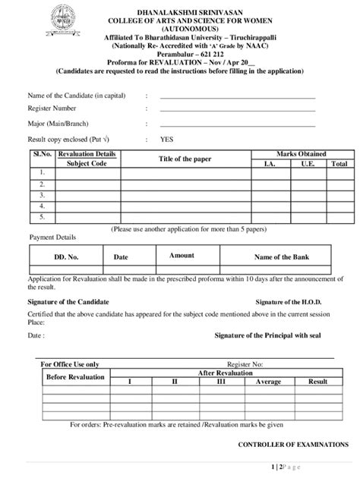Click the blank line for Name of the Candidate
coord(237,98)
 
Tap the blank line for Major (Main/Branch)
coord(237,125)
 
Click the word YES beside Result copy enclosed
coord(166,140)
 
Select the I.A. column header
coord(270,163)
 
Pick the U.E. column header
coord(308,163)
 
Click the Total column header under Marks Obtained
coord(339,163)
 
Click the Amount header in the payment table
coord(182,256)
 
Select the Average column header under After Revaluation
coord(268,381)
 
